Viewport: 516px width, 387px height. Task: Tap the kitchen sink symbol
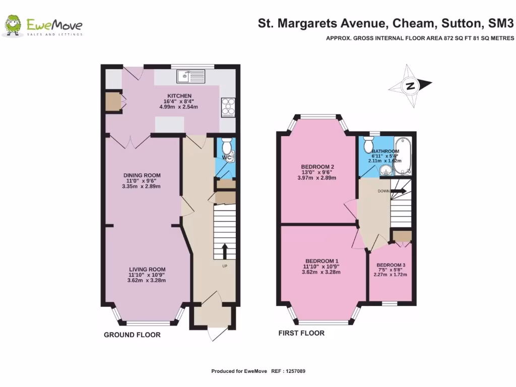point(190,77)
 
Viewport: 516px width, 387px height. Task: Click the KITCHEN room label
point(179,96)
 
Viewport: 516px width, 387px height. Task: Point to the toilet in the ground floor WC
point(226,147)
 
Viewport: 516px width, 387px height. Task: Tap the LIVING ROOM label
point(147,269)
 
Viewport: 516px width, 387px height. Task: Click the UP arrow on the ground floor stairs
point(225,250)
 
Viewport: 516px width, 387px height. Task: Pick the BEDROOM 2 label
point(317,167)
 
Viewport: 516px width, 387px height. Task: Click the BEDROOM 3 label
point(391,265)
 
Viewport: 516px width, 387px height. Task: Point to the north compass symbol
point(410,86)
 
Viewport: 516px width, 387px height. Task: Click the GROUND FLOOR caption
point(132,335)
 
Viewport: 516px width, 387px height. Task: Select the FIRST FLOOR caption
point(301,333)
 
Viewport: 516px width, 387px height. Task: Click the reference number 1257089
point(295,371)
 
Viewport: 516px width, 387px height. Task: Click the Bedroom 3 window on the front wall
point(389,303)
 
